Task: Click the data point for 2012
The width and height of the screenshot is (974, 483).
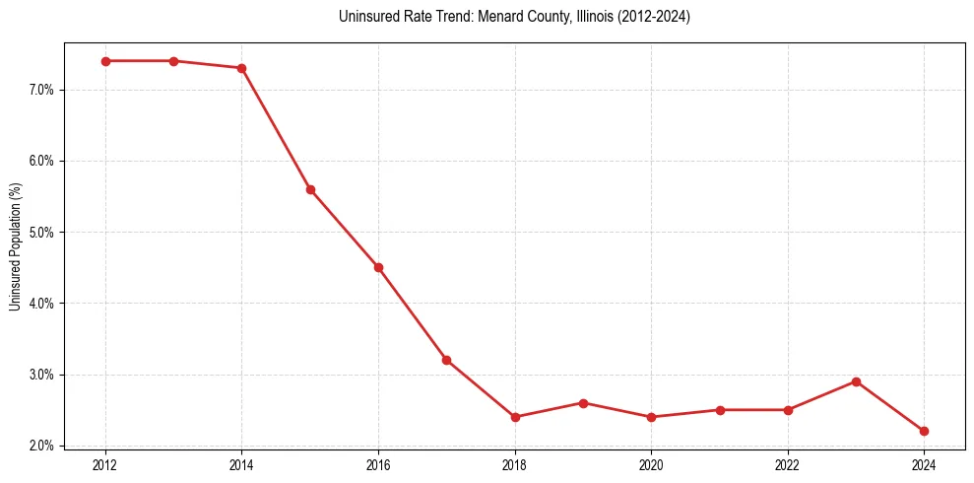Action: click(105, 61)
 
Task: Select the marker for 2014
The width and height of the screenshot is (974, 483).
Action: click(241, 68)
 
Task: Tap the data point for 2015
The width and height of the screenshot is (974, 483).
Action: click(310, 189)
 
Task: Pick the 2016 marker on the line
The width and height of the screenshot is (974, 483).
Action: click(378, 267)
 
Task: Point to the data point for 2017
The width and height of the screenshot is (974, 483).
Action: click(446, 360)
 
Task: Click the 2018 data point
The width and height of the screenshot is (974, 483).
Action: click(515, 417)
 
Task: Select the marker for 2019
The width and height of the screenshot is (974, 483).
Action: click(583, 403)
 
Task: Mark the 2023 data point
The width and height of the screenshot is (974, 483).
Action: click(856, 381)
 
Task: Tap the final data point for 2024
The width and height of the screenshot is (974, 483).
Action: click(924, 431)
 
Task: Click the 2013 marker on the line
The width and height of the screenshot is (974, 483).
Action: click(173, 61)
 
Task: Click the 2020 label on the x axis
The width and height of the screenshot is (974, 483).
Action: click(651, 463)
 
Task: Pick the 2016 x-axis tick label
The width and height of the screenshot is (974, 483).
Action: click(378, 463)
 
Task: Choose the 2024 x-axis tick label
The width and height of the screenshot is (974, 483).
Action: click(924, 463)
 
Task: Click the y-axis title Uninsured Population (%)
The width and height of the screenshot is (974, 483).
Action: click(15, 246)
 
